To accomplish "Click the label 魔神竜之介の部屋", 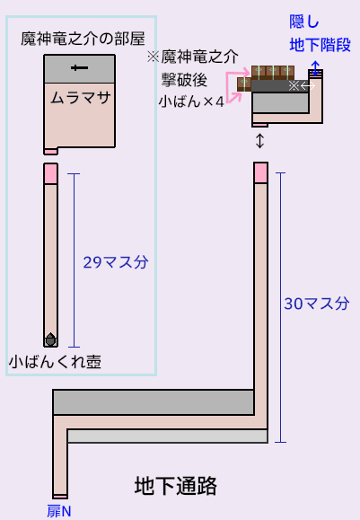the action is [83, 39].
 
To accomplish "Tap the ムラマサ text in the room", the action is [81, 98].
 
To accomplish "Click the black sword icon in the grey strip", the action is [79, 68].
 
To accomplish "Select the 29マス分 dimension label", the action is [115, 262].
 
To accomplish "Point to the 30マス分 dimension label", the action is [317, 304].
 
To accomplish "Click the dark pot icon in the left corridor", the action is [50, 339].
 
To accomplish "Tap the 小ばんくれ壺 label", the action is [55, 361].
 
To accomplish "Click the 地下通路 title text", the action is [176, 486].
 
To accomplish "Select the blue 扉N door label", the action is [59, 511].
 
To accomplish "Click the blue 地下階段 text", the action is [320, 45].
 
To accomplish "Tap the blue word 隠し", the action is [304, 22].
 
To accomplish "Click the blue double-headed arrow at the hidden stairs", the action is [315, 68].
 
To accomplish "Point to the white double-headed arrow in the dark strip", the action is [308, 86].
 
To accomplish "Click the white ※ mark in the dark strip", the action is [294, 86].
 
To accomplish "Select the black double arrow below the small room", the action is [260, 141].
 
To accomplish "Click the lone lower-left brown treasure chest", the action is [244, 84].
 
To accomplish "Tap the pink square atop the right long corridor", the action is [261, 172].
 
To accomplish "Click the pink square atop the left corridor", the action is [50, 173].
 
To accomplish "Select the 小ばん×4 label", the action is [191, 101].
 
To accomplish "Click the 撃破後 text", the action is [184, 80].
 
